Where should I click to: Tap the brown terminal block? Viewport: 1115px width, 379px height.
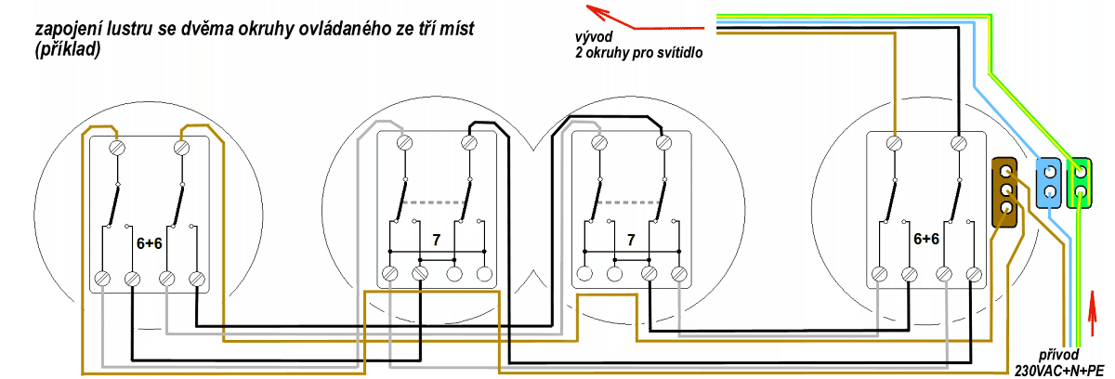[x=1006, y=190]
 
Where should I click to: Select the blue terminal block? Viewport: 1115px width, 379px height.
[x=1048, y=181]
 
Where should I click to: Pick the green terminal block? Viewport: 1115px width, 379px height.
[x=1080, y=181]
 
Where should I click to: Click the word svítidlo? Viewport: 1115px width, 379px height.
[x=675, y=53]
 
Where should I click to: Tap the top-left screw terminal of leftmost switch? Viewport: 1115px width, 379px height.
[x=117, y=146]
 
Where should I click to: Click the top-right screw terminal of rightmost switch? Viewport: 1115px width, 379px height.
[x=959, y=144]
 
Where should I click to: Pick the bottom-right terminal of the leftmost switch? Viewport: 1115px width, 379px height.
[x=196, y=278]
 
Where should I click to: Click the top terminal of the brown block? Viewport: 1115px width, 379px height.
[x=1006, y=170]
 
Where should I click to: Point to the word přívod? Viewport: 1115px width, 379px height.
[x=1060, y=355]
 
